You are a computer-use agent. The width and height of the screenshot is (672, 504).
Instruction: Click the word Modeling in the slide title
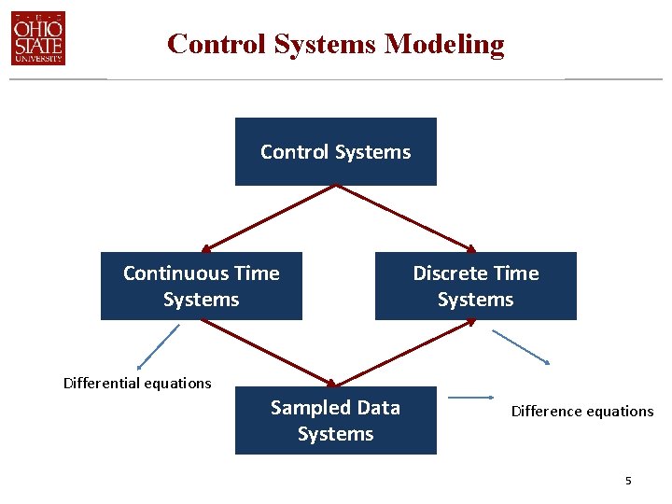click(444, 44)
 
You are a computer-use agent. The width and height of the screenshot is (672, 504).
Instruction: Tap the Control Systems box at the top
click(335, 151)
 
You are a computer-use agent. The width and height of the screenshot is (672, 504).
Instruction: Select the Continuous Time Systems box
click(201, 286)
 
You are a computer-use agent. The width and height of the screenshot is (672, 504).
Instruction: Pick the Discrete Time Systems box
click(475, 286)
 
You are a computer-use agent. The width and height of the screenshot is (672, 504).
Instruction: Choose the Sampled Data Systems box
click(335, 420)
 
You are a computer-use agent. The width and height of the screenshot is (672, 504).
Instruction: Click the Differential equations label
click(137, 383)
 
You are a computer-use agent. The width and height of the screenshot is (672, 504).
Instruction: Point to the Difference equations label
click(582, 411)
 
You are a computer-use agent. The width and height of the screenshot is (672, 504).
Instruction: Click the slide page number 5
click(628, 481)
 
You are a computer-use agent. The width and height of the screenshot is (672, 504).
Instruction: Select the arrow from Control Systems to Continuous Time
click(268, 218)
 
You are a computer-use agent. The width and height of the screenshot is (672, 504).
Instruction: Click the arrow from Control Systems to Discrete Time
click(405, 218)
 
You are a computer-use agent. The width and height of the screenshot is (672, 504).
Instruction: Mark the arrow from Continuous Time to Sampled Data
click(268, 353)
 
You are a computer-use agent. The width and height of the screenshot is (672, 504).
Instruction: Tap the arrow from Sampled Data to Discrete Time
click(405, 353)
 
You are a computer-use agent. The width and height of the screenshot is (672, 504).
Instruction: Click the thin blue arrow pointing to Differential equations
click(157, 347)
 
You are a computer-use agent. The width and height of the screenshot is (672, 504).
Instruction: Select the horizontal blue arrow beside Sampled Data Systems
click(475, 398)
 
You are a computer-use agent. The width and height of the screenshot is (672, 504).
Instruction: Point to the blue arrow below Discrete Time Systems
click(522, 346)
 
